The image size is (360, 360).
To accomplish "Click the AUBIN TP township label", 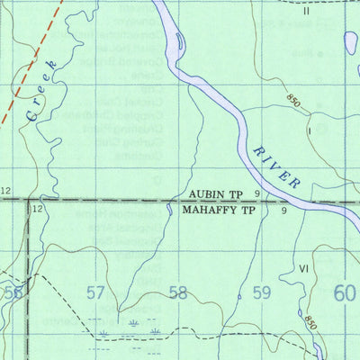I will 216,193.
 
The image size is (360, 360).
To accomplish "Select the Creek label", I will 41,92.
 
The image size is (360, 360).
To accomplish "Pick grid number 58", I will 178,292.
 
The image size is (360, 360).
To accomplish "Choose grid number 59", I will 262,292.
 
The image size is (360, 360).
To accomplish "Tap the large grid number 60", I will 346,292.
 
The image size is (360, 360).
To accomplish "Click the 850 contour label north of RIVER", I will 293,102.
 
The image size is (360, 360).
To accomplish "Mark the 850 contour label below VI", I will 310,322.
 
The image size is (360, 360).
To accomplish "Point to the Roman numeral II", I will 306,12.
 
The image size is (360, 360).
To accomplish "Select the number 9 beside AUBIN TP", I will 256,193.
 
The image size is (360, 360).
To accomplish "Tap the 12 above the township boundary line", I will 7,191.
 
